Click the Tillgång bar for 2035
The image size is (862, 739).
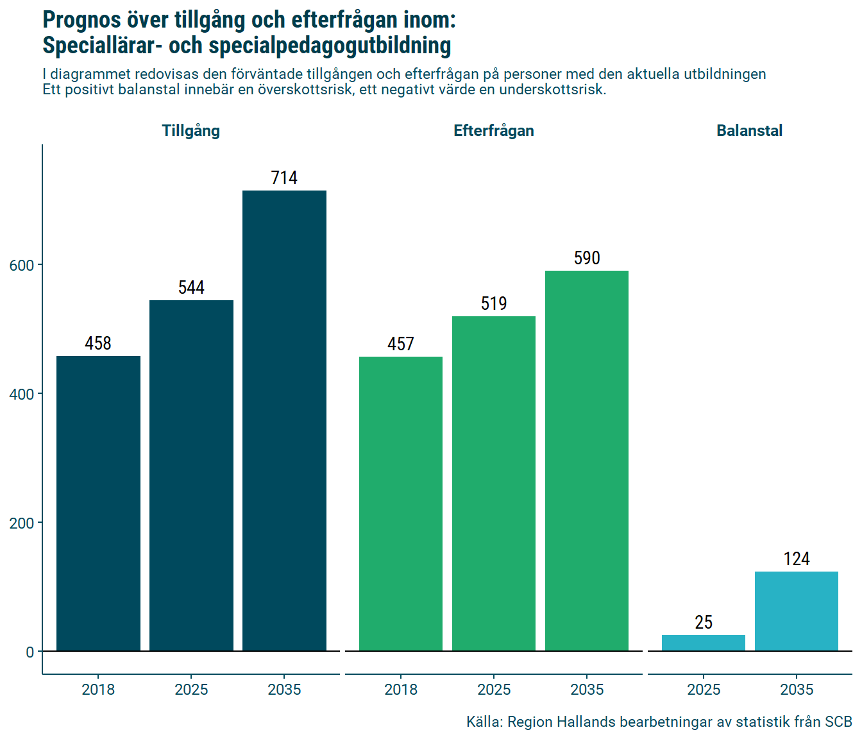pyautogui.click(x=284, y=420)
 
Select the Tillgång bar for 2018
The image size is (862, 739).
pyautogui.click(x=98, y=504)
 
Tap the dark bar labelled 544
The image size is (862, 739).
pyautogui.click(x=191, y=475)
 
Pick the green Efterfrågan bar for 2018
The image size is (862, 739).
pyautogui.click(x=401, y=504)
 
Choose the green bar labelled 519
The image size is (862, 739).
pyautogui.click(x=494, y=484)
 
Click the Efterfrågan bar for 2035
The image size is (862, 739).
pyautogui.click(x=587, y=461)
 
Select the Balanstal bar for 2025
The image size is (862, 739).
pyautogui.click(x=704, y=643)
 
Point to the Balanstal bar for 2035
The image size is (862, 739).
pyautogui.click(x=797, y=611)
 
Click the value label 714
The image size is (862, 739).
pyautogui.click(x=284, y=178)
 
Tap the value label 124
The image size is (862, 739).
pyautogui.click(x=797, y=559)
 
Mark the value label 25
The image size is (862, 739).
pyautogui.click(x=704, y=622)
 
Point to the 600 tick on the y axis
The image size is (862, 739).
pyautogui.click(x=22, y=265)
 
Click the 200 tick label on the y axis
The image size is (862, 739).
pyautogui.click(x=22, y=523)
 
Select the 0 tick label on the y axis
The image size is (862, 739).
pyautogui.click(x=30, y=652)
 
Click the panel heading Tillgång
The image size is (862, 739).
pyautogui.click(x=191, y=131)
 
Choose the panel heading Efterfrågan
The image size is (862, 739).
pyautogui.click(x=494, y=131)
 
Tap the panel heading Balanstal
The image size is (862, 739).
pyautogui.click(x=749, y=131)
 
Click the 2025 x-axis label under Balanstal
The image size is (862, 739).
pyautogui.click(x=704, y=690)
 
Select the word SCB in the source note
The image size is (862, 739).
pyautogui.click(x=838, y=722)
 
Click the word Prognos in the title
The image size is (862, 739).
pyautogui.click(x=81, y=20)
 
